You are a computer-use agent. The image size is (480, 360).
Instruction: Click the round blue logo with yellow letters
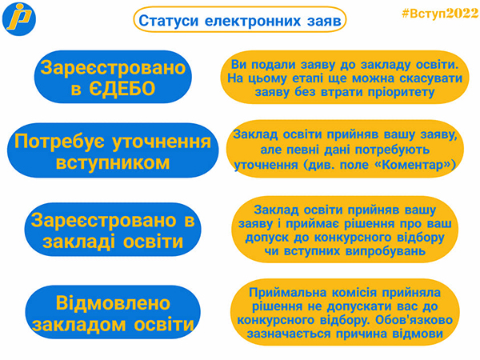[19, 19]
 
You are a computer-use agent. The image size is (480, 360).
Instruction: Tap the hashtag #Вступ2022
[440, 13]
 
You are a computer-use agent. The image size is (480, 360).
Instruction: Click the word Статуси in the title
[169, 21]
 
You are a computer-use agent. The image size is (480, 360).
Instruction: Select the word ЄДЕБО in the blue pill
[122, 89]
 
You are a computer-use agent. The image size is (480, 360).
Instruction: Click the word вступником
[113, 162]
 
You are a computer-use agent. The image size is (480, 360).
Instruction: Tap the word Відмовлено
[113, 303]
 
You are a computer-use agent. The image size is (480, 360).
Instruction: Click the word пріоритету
[402, 92]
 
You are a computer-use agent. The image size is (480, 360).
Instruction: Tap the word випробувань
[386, 251]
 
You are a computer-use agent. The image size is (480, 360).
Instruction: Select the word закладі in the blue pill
[78, 242]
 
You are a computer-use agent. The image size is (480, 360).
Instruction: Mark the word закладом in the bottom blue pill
[78, 325]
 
